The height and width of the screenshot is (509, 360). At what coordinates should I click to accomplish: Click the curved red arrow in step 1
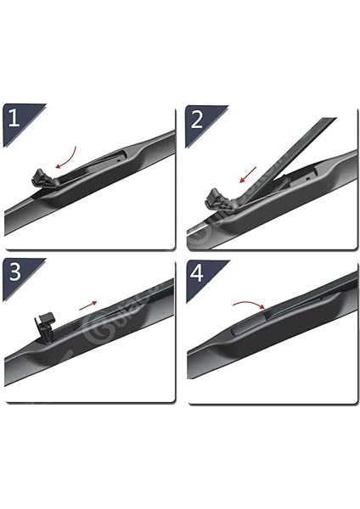tap(65, 157)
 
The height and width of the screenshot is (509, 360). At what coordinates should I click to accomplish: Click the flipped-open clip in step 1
tap(39, 179)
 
